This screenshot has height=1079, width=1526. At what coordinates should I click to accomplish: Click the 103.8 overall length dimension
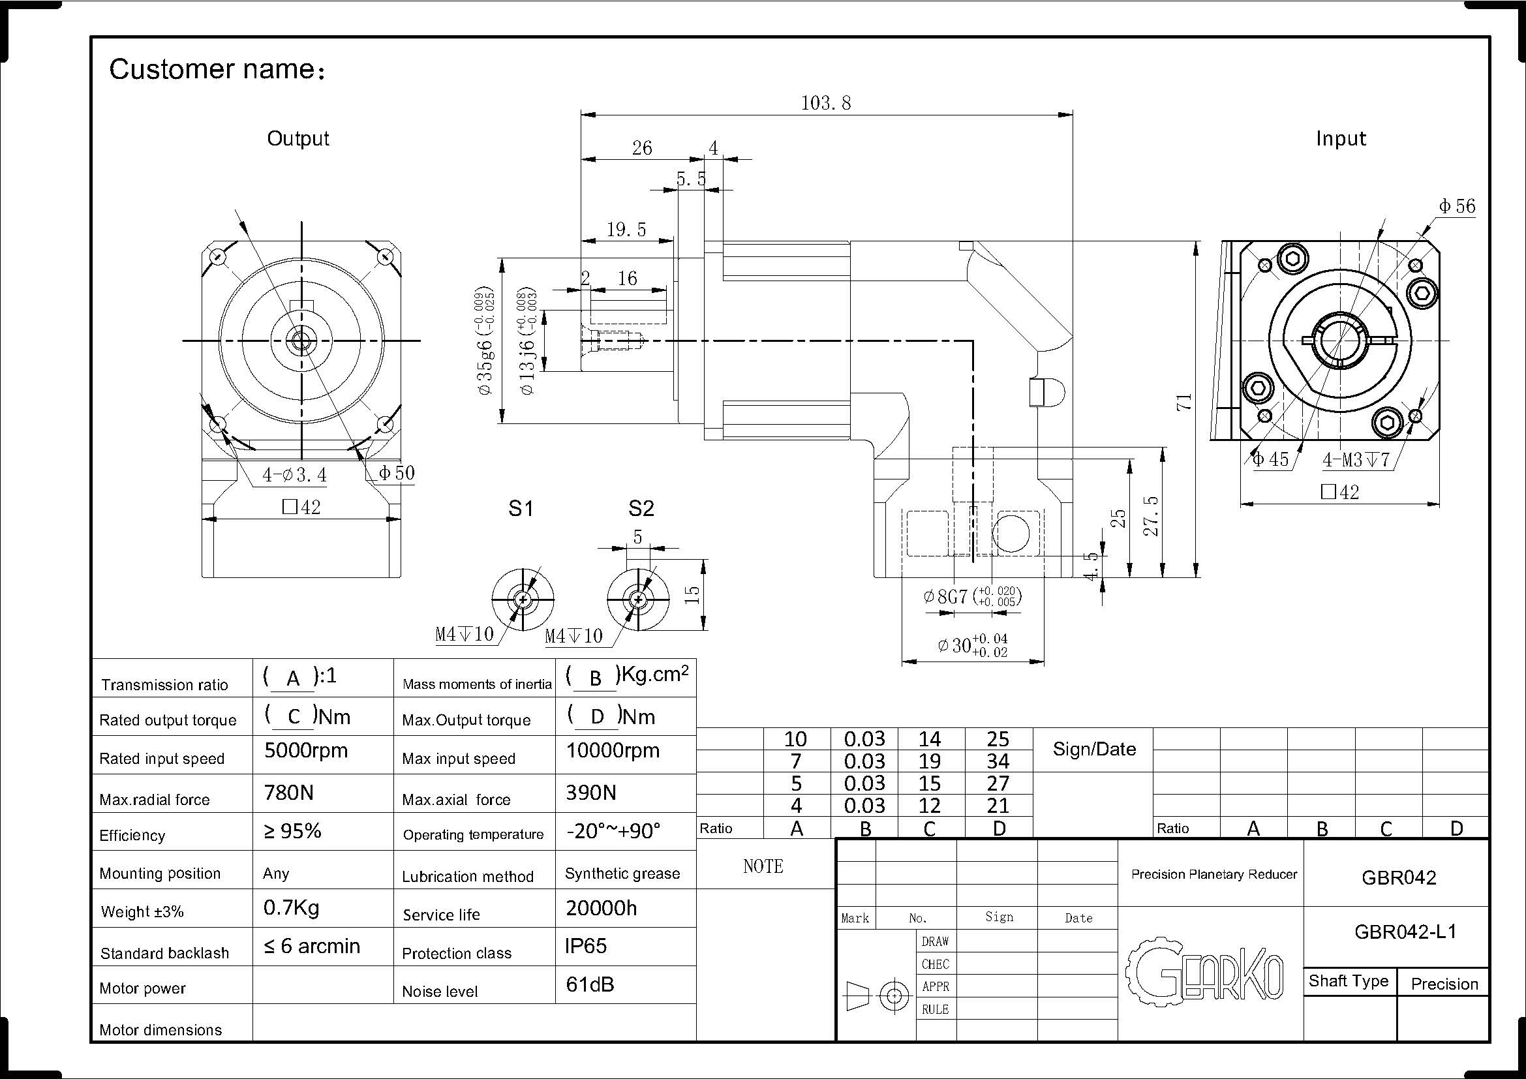[825, 103]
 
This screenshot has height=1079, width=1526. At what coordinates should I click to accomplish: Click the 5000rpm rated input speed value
[306, 751]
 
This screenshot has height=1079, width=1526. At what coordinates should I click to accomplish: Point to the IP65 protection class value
[585, 946]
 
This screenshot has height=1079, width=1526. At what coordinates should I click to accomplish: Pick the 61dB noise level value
[590, 984]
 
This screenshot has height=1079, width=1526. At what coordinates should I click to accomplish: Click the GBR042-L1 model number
[1405, 932]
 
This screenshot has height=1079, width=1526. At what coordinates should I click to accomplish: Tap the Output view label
[298, 138]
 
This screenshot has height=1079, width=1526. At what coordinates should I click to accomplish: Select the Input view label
[1341, 138]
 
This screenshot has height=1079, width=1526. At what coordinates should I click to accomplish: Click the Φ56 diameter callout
[1457, 206]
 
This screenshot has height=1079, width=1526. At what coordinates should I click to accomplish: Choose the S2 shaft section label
[641, 508]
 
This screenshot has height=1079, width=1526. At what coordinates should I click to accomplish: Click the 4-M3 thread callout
[1356, 460]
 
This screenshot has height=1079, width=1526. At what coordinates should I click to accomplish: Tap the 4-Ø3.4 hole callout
[294, 475]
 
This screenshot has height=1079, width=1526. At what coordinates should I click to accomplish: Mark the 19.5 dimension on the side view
[626, 230]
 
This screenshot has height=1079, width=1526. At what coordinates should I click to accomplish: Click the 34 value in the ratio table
[998, 761]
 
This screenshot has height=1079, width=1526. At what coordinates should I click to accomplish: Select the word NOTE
[763, 866]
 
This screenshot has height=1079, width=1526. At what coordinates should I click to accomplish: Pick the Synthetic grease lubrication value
[622, 874]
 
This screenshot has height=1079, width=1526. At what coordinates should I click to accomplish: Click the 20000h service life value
[601, 908]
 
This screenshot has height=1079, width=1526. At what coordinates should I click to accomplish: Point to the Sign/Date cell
[1094, 750]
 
